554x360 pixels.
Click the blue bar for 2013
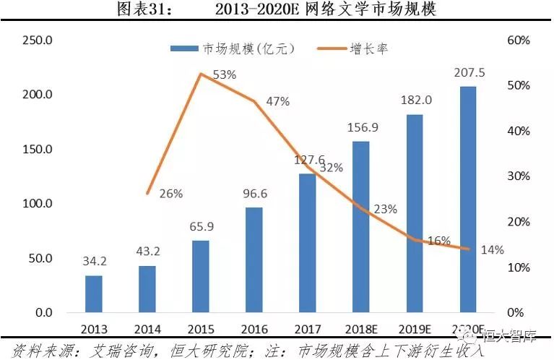(94, 293)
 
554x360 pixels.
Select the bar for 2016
(254, 260)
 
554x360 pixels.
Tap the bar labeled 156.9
(361, 227)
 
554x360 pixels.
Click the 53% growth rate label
(225, 74)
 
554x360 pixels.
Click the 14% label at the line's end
(493, 250)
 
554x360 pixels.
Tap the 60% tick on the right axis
(519, 40)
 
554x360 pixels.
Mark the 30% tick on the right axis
(519, 176)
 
